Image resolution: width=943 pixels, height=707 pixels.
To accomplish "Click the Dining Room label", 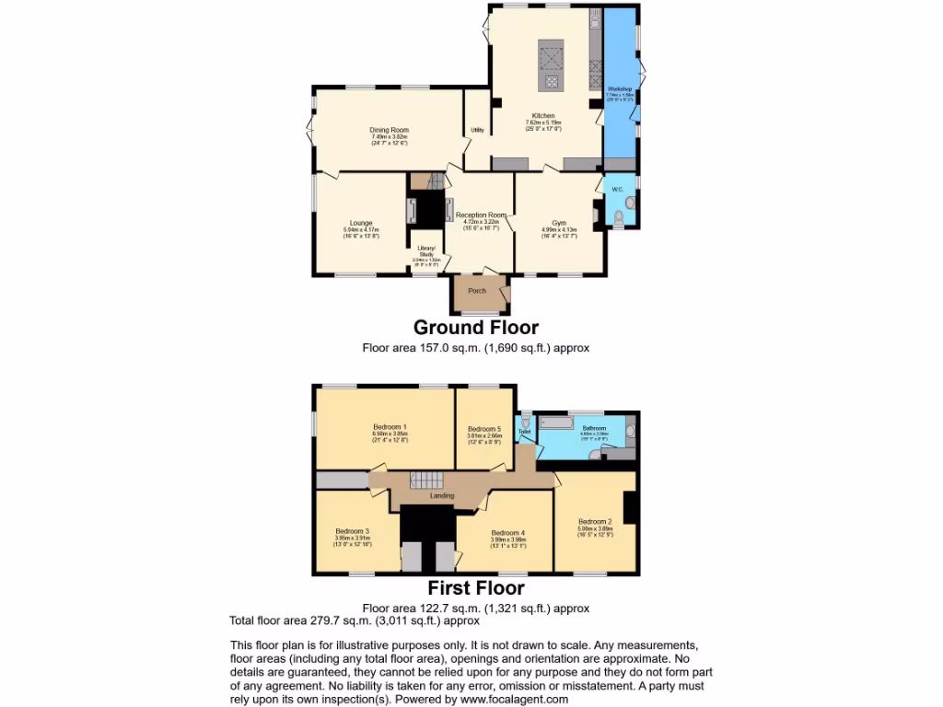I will click(389, 131).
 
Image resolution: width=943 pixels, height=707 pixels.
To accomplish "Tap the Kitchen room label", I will click(543, 116).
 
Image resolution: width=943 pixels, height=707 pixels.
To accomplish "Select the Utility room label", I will click(477, 130).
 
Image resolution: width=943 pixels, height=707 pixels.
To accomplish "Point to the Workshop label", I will click(620, 89).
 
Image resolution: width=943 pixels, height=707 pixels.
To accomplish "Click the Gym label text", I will click(559, 223).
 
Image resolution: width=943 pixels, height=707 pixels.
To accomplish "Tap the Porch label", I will click(477, 291).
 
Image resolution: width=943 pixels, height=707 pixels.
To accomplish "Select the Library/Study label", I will click(426, 251).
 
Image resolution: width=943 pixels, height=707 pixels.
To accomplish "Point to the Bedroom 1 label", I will click(390, 426).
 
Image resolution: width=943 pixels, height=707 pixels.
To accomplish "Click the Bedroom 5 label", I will click(484, 429).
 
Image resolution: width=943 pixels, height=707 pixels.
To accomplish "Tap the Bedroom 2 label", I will click(596, 522).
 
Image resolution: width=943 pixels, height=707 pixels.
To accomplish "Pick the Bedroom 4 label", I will click(507, 533).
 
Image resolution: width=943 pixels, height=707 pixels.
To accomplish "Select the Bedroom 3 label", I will click(352, 531).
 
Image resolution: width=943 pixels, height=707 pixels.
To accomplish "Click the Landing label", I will click(442, 496).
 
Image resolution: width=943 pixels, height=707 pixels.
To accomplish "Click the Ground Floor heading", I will click(475, 328).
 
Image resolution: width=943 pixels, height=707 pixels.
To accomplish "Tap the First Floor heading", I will click(475, 588).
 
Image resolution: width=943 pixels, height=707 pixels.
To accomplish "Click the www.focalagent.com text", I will click(512, 699).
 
